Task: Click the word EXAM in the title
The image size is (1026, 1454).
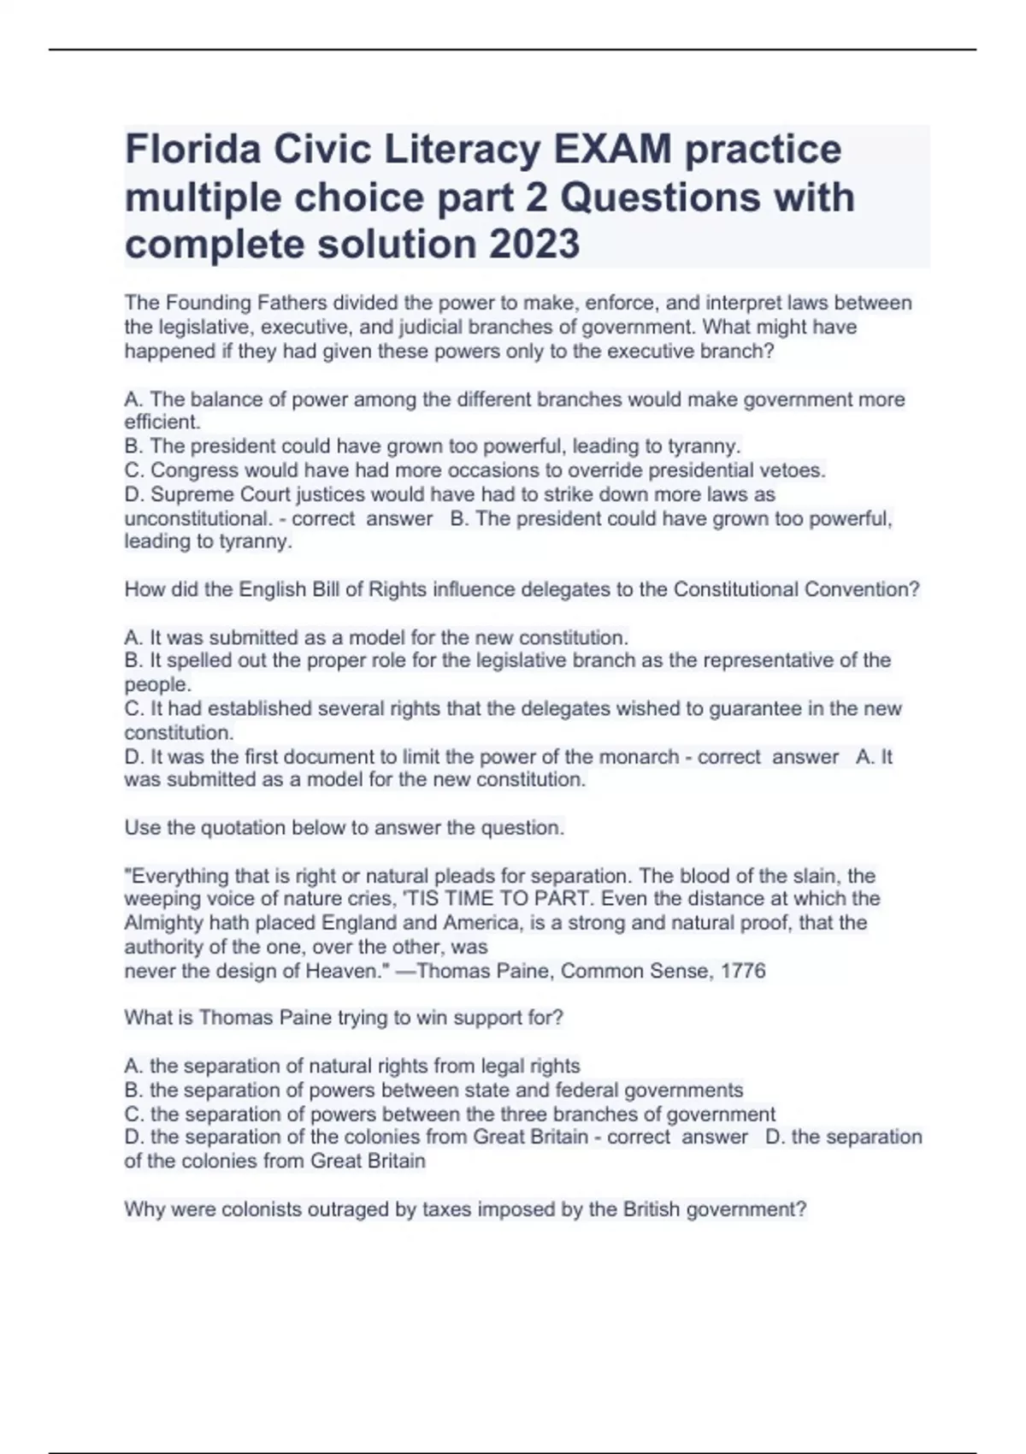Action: (612, 149)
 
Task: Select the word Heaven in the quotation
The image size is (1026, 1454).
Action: (342, 971)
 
